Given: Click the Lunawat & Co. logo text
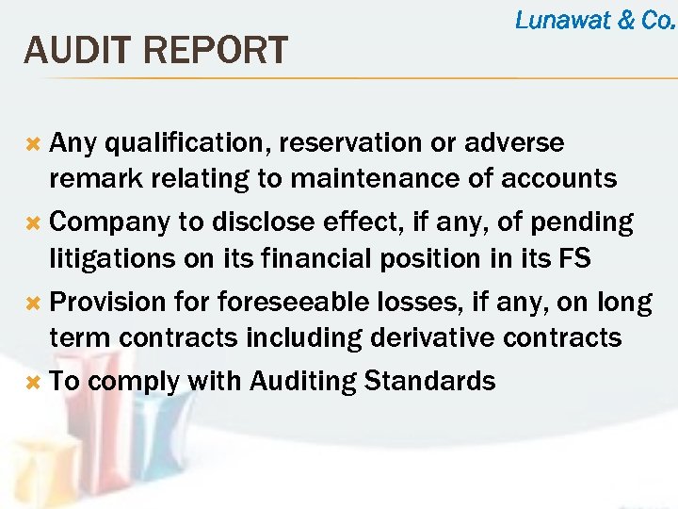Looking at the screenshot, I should (x=595, y=20).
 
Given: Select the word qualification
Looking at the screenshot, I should (x=192, y=143).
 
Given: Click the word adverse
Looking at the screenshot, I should (x=516, y=143).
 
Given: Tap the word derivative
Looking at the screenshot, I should (x=419, y=337).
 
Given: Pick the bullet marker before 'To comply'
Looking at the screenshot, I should (x=32, y=383).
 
